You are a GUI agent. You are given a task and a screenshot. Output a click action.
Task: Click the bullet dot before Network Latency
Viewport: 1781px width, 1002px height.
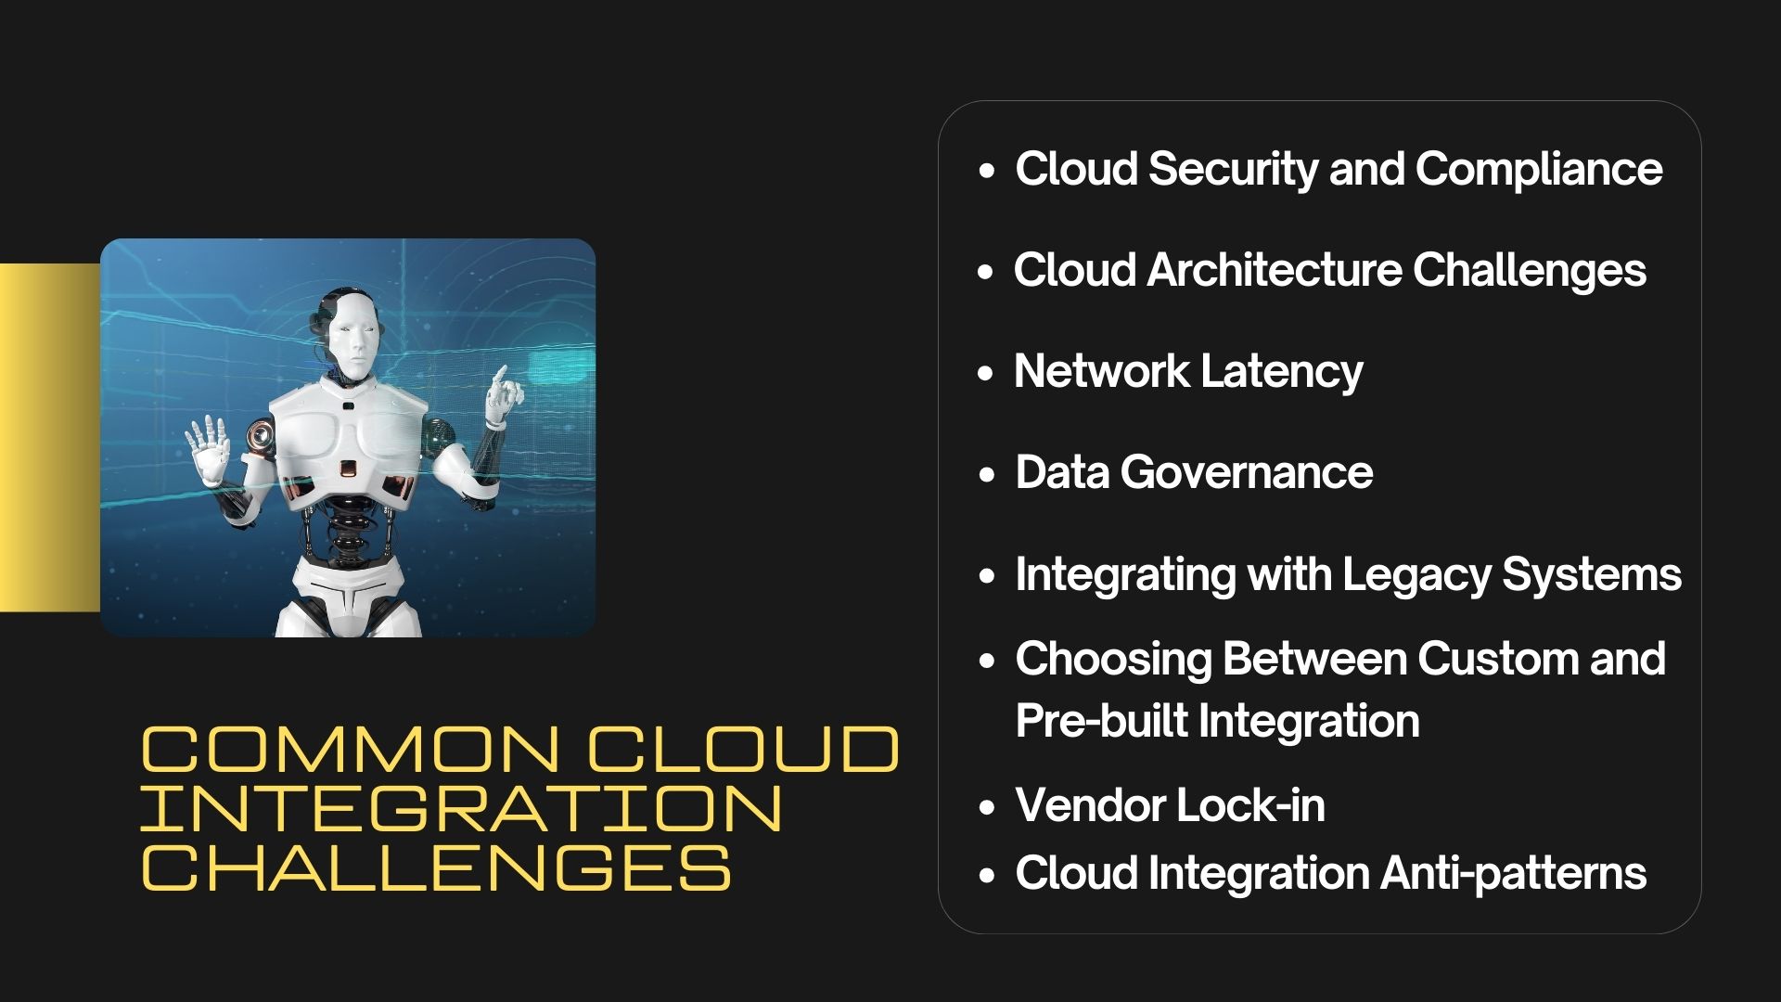point(986,374)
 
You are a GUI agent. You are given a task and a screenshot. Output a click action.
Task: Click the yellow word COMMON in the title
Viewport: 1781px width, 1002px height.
point(350,750)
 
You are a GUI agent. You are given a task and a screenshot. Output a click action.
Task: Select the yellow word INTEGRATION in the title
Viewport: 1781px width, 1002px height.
point(462,808)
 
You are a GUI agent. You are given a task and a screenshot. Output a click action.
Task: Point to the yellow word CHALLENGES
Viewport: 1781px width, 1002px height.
point(436,867)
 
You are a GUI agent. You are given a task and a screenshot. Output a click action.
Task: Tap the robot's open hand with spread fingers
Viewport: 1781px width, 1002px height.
point(209,449)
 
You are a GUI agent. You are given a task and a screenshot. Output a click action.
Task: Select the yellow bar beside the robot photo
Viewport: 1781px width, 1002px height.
point(50,437)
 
